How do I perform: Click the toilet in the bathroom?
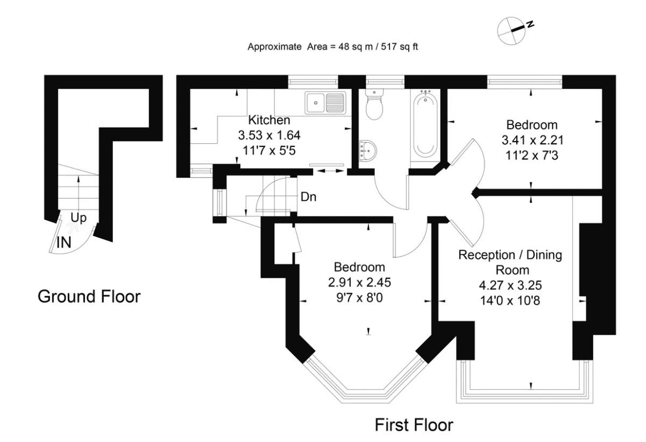point(373,105)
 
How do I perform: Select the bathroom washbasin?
point(367,149)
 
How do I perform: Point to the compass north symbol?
point(512,30)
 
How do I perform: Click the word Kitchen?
point(269,120)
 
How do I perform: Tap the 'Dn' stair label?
point(308,197)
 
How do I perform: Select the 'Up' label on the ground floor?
point(79,219)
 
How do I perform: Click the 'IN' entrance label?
point(63,242)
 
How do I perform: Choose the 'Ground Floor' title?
point(89,296)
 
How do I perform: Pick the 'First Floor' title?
point(414,425)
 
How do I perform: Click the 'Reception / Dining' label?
point(510,255)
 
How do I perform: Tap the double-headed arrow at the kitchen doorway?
point(330,171)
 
